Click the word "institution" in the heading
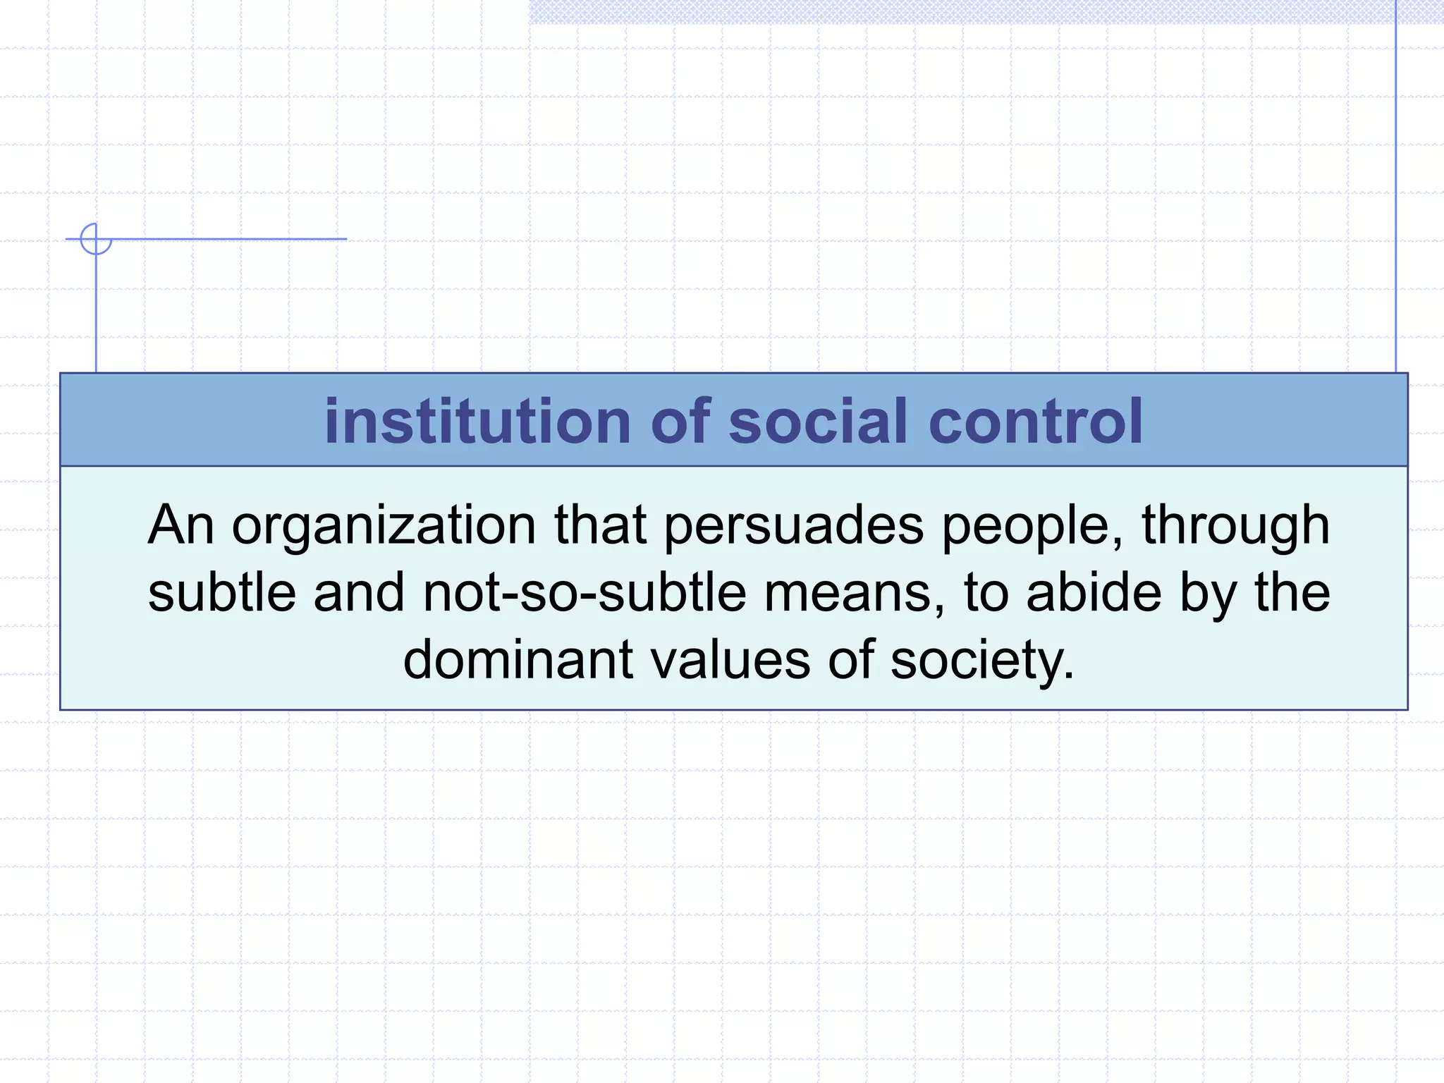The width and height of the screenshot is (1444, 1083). pyautogui.click(x=477, y=422)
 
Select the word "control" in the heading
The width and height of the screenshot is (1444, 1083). pyautogui.click(x=1035, y=422)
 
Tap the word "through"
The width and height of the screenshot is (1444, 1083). pyautogui.click(x=1235, y=526)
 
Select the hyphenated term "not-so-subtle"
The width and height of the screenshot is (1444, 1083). pyautogui.click(x=585, y=593)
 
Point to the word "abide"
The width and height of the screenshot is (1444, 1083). pyautogui.click(x=1094, y=593)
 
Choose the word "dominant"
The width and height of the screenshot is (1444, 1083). pyautogui.click(x=518, y=660)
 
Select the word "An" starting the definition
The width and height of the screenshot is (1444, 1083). pyautogui.click(x=180, y=526)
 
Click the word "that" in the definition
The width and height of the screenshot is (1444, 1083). pyautogui.click(x=600, y=526)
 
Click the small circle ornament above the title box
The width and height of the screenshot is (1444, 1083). pyautogui.click(x=96, y=239)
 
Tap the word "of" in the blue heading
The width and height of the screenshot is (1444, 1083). pyautogui.click(x=680, y=422)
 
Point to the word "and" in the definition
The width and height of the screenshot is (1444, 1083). pyautogui.click(x=359, y=593)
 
